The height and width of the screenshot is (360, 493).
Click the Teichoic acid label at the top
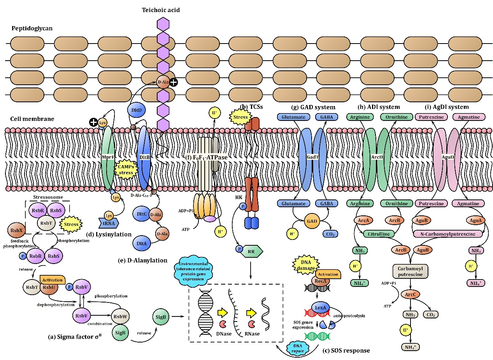161,10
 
